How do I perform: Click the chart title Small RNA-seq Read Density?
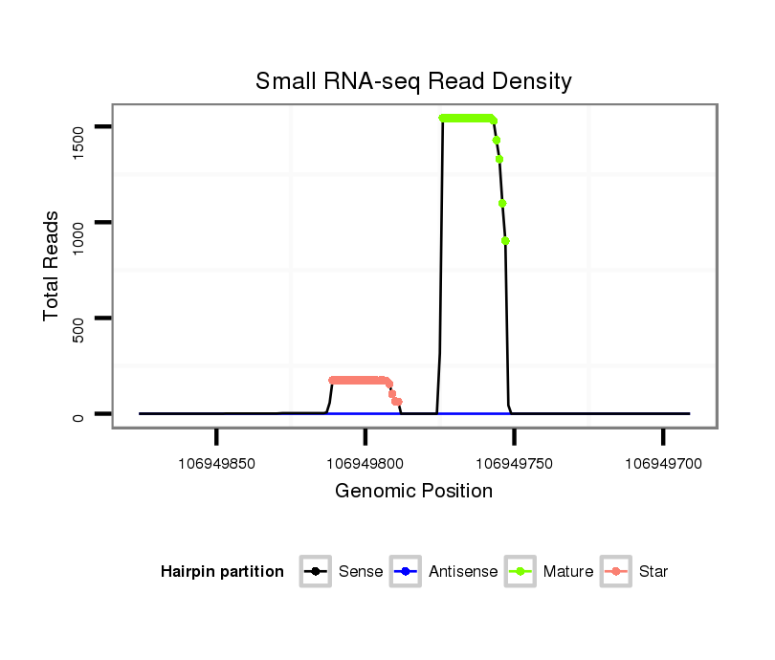pos(413,81)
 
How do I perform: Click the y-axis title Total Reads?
pos(53,266)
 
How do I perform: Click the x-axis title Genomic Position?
pos(413,492)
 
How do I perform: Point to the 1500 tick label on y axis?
pos(77,126)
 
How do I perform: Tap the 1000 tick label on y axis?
pos(77,222)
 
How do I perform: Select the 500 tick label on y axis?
pos(77,318)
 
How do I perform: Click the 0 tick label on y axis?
pos(77,414)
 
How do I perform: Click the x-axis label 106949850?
pos(216,463)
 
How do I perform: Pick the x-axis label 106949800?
pos(365,463)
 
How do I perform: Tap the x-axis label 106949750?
pos(514,463)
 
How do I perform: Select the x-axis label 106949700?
pos(662,463)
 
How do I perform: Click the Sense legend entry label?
pos(361,572)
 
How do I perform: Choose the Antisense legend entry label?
pos(463,572)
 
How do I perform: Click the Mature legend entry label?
pos(568,572)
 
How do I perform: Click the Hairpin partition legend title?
pos(222,572)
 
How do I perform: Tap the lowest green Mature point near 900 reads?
pos(505,241)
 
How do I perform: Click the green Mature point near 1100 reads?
pos(502,203)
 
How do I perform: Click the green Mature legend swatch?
pos(522,572)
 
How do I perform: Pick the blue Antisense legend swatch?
pos(408,572)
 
